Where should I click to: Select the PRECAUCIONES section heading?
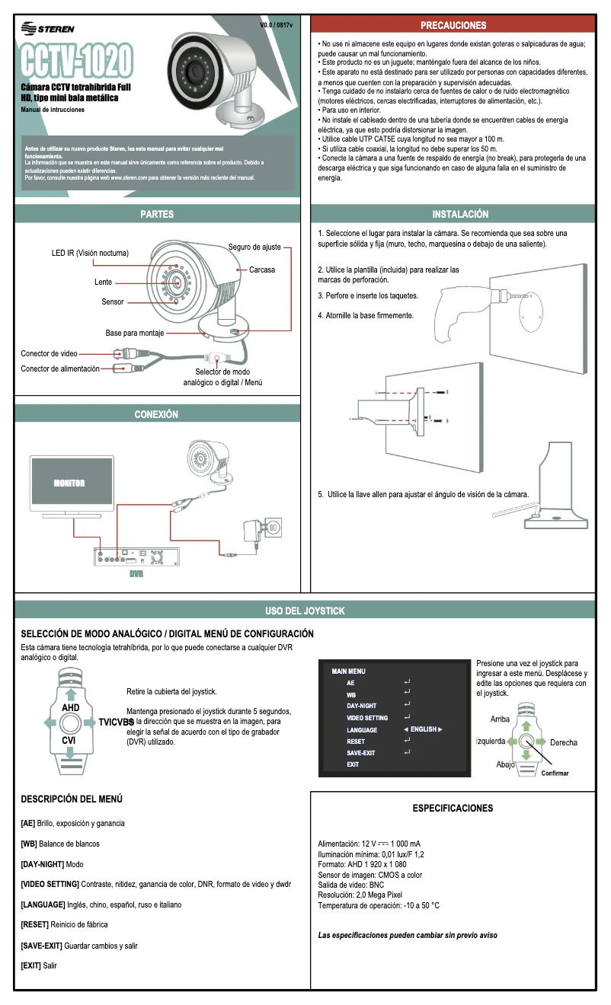453,25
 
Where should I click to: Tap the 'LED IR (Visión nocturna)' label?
90,253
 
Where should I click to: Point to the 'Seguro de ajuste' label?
254,247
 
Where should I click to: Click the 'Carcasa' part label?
262,270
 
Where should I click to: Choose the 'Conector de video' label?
49,353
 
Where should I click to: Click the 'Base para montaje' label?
134,333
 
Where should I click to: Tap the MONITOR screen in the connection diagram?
69,483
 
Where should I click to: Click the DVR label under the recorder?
136,574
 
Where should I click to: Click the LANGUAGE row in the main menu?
362,729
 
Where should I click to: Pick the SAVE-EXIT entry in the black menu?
361,752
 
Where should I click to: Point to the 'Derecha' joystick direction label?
563,742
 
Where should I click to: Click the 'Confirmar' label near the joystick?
555,773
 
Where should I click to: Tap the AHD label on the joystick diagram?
70,707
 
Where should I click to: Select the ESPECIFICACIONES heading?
453,808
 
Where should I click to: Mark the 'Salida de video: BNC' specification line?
351,885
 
